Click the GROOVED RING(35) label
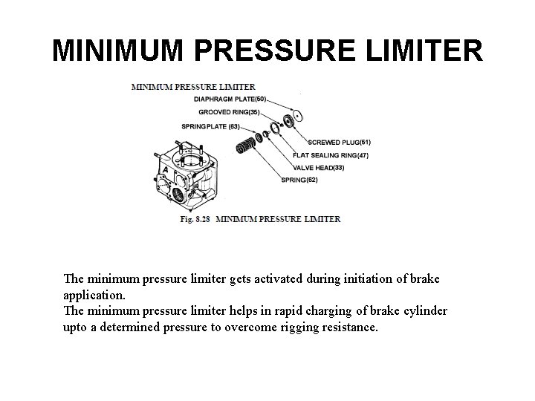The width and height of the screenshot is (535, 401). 228,112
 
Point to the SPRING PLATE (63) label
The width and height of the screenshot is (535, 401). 210,126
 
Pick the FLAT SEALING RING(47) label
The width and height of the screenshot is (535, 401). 331,155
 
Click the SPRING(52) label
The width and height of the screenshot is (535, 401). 302,180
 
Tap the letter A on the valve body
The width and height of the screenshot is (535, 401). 165,170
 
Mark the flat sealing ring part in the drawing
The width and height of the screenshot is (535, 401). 275,129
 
